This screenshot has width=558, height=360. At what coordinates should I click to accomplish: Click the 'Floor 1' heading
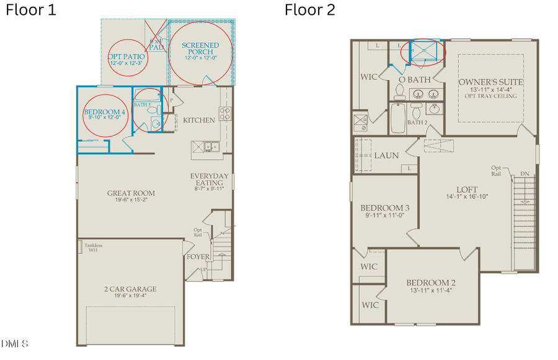pyautogui.click(x=31, y=11)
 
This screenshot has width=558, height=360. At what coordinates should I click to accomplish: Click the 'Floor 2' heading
pyautogui.click(x=309, y=11)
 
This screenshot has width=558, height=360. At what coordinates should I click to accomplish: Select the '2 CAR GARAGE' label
pyautogui.click(x=130, y=289)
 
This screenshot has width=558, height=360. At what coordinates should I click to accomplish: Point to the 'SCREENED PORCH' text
pyautogui.click(x=200, y=49)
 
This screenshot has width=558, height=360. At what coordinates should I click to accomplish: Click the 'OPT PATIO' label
pyautogui.click(x=126, y=56)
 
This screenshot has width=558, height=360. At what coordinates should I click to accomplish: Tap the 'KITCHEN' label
pyautogui.click(x=199, y=120)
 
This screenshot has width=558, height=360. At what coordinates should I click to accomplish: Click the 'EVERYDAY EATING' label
pyautogui.click(x=210, y=180)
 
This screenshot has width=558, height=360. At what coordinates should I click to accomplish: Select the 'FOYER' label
pyautogui.click(x=199, y=256)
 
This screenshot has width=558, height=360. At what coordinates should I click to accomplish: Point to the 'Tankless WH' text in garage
pyautogui.click(x=95, y=248)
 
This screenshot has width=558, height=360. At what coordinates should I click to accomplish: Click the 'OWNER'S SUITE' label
pyautogui.click(x=491, y=82)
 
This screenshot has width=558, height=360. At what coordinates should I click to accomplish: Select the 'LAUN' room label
pyautogui.click(x=386, y=156)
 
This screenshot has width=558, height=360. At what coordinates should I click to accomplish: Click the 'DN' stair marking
pyautogui.click(x=525, y=173)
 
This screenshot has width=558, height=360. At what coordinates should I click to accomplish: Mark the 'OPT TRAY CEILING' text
pyautogui.click(x=491, y=97)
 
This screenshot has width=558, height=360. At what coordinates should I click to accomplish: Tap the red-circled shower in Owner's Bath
pyautogui.click(x=422, y=51)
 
